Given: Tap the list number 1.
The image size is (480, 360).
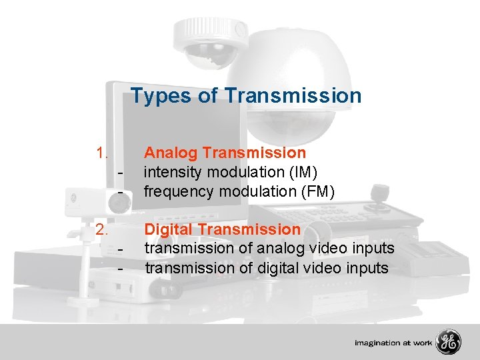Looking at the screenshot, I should [102, 153].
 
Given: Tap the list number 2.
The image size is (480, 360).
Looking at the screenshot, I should [102, 229].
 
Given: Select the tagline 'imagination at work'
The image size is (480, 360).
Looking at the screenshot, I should [393, 343].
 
